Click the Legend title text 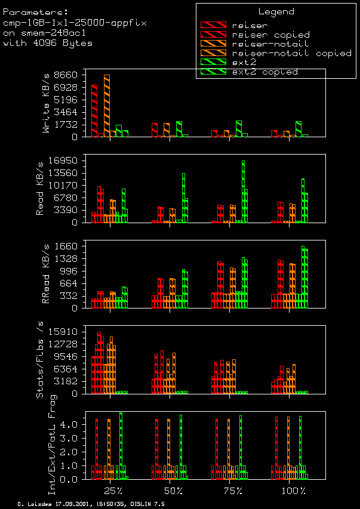click(x=276, y=11)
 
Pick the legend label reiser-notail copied click(x=291, y=53)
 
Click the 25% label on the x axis click(x=113, y=491)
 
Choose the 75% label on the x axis click(x=232, y=491)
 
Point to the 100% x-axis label click(x=292, y=491)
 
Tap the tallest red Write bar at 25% click(x=94, y=110)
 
